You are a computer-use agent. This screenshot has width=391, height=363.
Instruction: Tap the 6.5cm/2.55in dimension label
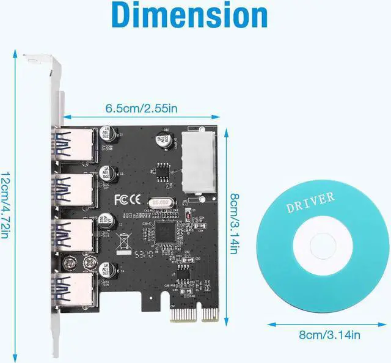(141, 108)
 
